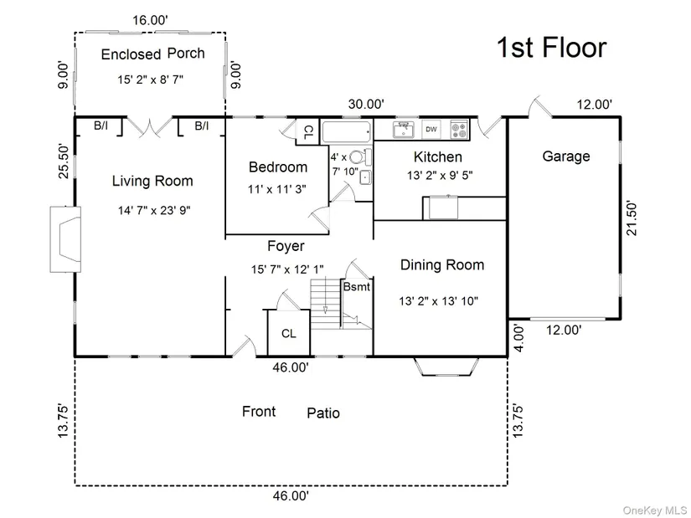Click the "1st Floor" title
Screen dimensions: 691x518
click(x=552, y=48)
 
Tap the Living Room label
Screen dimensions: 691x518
click(x=152, y=181)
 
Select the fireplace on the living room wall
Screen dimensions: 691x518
click(x=65, y=239)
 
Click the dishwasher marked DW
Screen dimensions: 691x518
click(x=431, y=130)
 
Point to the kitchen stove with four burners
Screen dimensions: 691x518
click(x=459, y=130)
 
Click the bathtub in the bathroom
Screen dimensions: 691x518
click(x=347, y=131)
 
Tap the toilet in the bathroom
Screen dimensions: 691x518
click(x=360, y=156)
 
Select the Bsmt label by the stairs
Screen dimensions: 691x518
click(x=357, y=287)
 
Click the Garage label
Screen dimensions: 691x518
click(x=566, y=156)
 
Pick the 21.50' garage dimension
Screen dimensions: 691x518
click(x=632, y=219)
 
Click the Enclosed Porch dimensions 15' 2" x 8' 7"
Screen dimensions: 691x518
click(x=150, y=79)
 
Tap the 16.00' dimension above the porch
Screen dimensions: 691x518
click(x=150, y=20)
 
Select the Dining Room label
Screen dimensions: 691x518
click(x=442, y=264)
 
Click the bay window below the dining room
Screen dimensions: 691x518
click(x=446, y=367)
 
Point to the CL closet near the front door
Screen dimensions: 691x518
click(x=289, y=333)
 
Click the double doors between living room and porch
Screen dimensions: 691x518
click(x=150, y=126)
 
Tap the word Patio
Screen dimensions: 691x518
click(x=323, y=413)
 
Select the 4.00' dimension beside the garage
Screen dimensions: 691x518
click(x=519, y=338)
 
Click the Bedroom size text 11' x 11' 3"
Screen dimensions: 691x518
click(x=276, y=189)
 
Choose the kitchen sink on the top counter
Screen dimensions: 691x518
click(x=403, y=130)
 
